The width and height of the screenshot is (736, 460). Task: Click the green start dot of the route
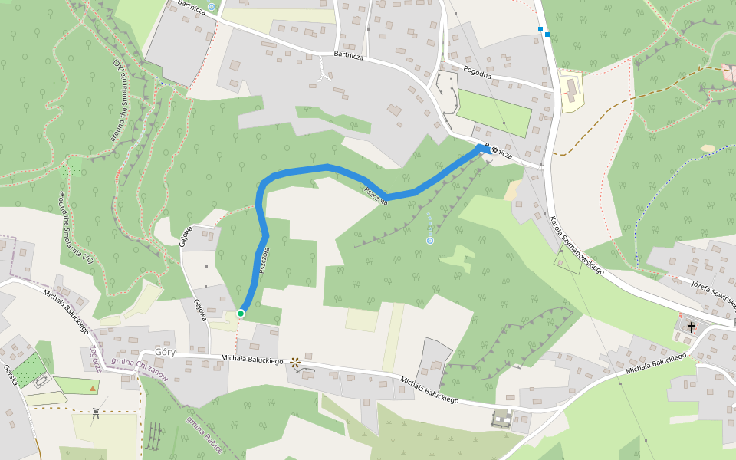(x=241, y=313)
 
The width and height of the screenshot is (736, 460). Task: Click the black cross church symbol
(x=691, y=327)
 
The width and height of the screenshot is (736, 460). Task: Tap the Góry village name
(x=165, y=352)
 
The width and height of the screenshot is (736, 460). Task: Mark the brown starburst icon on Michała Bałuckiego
(x=295, y=362)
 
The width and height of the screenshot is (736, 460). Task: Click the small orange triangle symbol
(x=94, y=389)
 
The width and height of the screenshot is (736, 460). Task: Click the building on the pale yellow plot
(x=570, y=91)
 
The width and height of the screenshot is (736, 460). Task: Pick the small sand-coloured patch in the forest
(x=707, y=148)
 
